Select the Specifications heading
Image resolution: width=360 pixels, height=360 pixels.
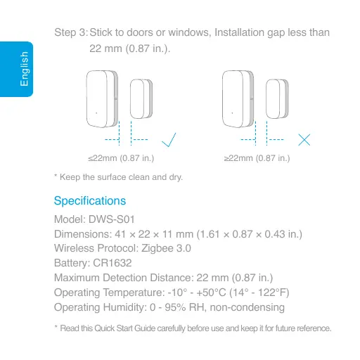(89, 201)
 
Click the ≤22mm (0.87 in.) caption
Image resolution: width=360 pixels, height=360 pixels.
(116, 158)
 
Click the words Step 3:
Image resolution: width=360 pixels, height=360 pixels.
(71, 33)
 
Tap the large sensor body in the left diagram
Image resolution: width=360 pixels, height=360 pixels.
(102, 98)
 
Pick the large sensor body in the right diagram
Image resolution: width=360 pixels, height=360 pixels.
(237, 98)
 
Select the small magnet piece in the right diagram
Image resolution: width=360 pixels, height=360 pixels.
(276, 99)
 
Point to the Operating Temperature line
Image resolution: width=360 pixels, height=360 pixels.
(173, 292)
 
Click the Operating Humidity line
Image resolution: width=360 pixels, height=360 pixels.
(169, 307)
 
